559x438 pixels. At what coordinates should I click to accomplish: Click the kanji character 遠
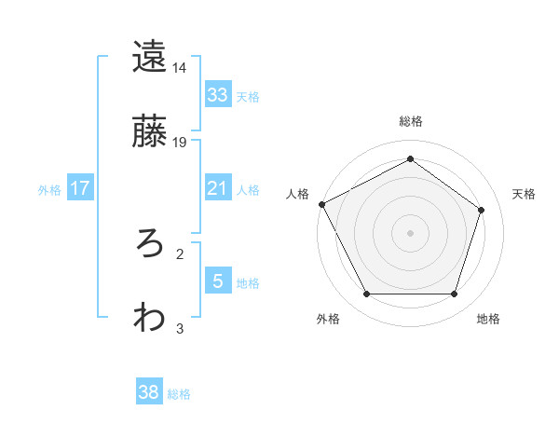tap(149, 57)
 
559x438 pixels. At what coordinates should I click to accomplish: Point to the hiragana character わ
tap(149, 317)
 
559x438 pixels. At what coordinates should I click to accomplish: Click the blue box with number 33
tap(217, 95)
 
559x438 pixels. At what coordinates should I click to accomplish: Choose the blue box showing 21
tap(217, 188)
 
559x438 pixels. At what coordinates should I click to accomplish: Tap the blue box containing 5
tap(217, 281)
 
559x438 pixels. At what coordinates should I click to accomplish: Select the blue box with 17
tap(80, 188)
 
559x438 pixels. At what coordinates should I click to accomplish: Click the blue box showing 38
tap(149, 392)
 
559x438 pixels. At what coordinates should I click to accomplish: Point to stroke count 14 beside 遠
tap(180, 68)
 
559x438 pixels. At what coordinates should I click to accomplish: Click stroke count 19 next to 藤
tap(180, 143)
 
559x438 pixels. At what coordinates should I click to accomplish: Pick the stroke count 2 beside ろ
tap(180, 253)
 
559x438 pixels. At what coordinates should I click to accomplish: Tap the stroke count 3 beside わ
tap(180, 328)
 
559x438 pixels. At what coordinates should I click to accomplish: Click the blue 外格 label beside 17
tap(49, 189)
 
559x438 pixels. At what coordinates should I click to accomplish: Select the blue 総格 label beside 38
tap(179, 394)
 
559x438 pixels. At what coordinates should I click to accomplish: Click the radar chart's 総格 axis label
tap(410, 121)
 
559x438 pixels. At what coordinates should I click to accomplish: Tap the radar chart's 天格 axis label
tap(524, 194)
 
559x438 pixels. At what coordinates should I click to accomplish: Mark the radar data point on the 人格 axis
tap(321, 204)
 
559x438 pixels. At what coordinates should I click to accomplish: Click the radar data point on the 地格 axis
tap(454, 294)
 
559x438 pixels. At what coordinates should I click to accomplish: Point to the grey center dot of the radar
tap(410, 233)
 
